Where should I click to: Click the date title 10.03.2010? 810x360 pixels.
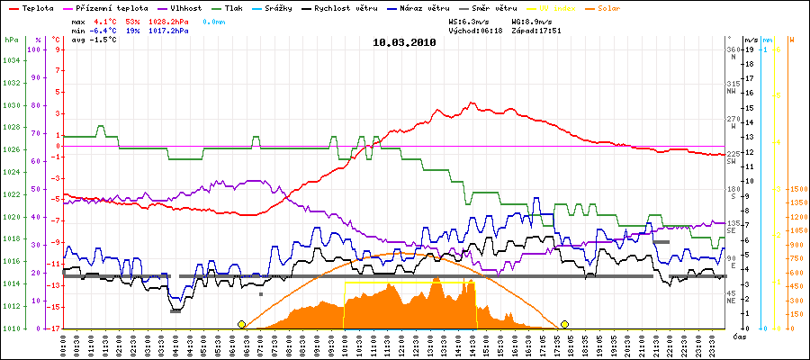click(404, 41)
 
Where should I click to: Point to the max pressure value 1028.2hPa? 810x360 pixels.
click(170, 20)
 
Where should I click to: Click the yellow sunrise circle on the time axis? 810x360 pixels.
click(241, 324)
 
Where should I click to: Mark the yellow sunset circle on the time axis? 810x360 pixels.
click(564, 324)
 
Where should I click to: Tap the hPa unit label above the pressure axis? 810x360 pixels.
click(10, 40)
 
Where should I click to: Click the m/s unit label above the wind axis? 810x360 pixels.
click(751, 40)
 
